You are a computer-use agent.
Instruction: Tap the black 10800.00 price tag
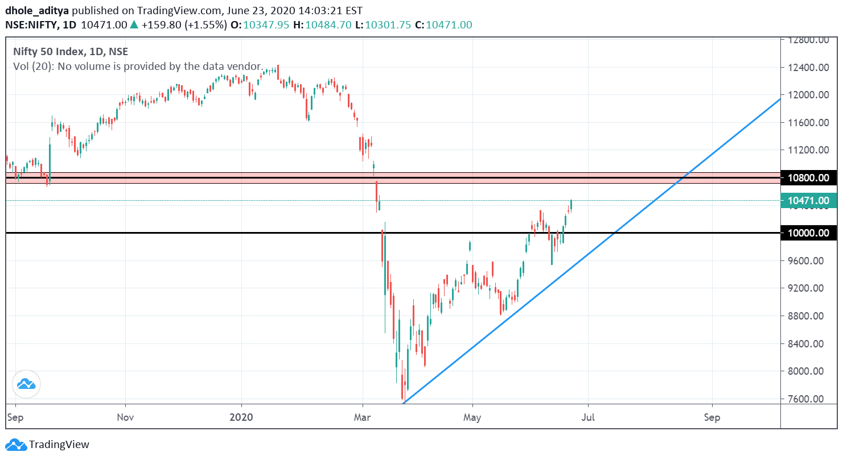[808, 178]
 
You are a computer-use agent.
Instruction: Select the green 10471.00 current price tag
[808, 201]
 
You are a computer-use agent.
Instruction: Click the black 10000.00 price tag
[808, 233]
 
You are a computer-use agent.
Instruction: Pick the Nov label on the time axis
[125, 417]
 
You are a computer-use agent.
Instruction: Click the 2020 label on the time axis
[241, 417]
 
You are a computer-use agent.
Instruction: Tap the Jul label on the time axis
[588, 417]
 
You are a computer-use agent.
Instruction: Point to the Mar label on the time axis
[363, 417]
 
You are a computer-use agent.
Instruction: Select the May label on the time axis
[472, 417]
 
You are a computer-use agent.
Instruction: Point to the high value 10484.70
[328, 25]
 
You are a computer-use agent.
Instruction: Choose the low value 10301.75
[388, 25]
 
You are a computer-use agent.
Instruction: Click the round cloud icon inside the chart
[26, 384]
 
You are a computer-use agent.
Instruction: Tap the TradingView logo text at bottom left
[59, 445]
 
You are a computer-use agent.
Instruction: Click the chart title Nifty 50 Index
[49, 52]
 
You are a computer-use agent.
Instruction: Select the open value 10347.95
[266, 25]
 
